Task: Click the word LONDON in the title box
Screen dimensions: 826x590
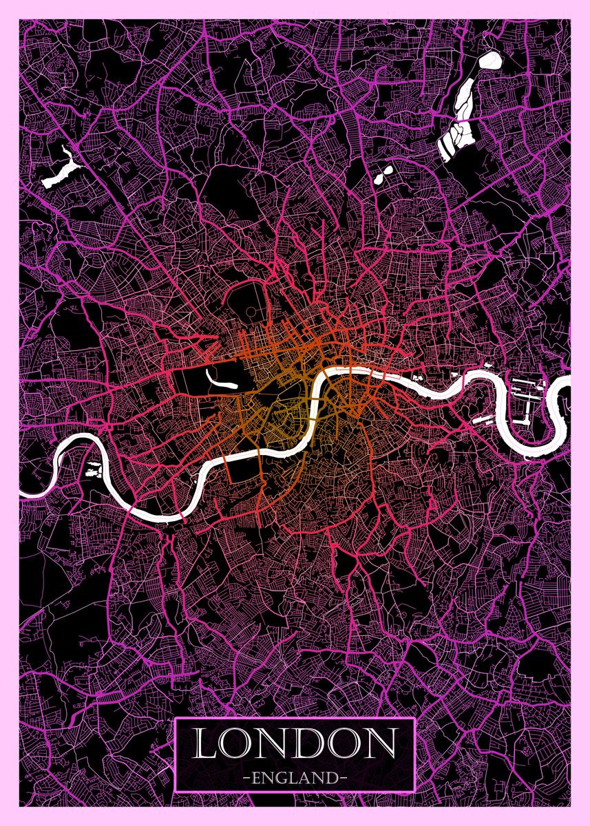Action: point(294,744)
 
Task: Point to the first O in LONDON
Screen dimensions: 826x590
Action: point(238,744)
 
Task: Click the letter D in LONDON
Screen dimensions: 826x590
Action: point(310,744)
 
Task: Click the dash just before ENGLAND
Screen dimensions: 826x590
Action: point(246,779)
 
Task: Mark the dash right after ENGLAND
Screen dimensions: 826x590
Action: point(342,779)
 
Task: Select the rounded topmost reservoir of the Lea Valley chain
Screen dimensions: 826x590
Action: point(491,60)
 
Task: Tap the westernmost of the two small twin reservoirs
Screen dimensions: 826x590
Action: point(379,178)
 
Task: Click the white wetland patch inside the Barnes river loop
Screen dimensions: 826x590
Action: point(92,470)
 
